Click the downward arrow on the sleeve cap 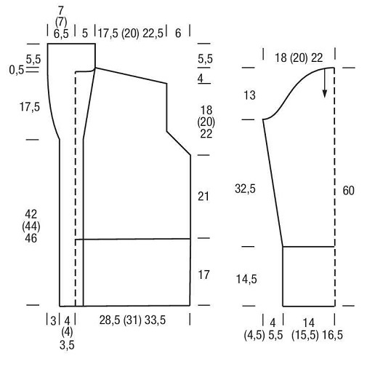[325, 83]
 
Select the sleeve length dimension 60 [348, 191]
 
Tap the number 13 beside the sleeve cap [249, 95]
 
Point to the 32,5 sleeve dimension [245, 189]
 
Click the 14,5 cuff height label [246, 279]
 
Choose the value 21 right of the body [203, 196]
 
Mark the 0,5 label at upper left [17, 70]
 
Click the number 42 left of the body [31, 214]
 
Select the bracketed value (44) [31, 226]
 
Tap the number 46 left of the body [31, 238]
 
